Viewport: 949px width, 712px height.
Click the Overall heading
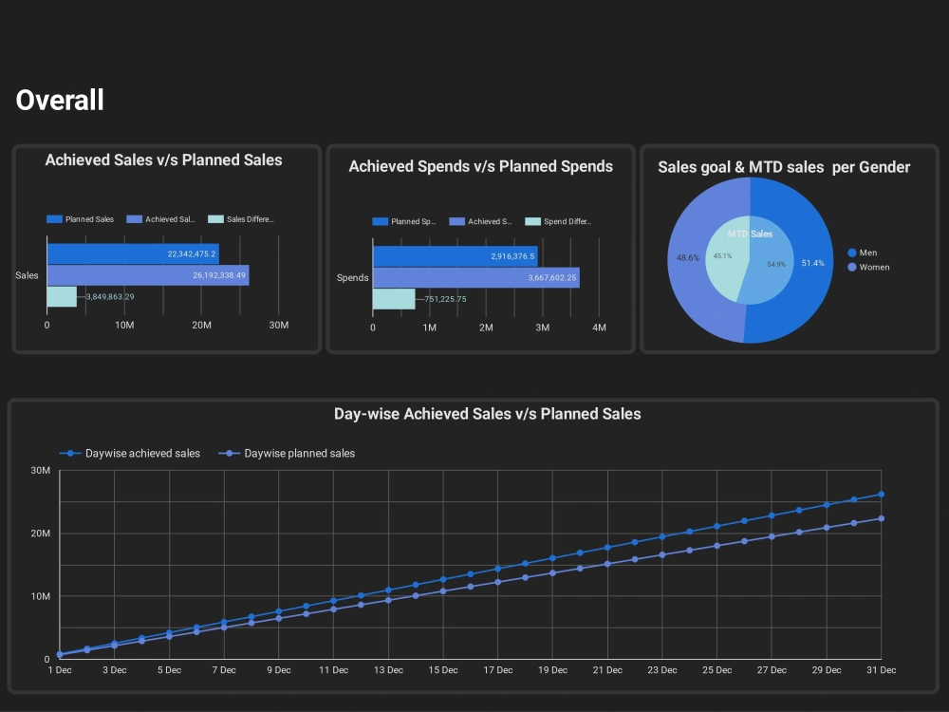[60, 100]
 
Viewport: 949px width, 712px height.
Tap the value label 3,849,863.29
[110, 297]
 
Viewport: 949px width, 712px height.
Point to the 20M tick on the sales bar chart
[201, 326]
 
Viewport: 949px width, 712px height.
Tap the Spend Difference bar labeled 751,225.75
[394, 299]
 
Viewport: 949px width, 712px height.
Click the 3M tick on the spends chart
[542, 328]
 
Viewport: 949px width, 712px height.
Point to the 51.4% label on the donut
[812, 263]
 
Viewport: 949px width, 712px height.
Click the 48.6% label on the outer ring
[687, 258]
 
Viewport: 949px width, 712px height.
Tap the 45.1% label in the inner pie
[722, 255]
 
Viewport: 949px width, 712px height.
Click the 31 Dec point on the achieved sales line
[881, 495]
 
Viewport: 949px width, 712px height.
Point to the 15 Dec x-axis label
[443, 670]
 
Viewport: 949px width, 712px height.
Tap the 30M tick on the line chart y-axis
[40, 471]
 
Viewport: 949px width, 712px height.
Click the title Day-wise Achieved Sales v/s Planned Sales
[487, 414]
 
